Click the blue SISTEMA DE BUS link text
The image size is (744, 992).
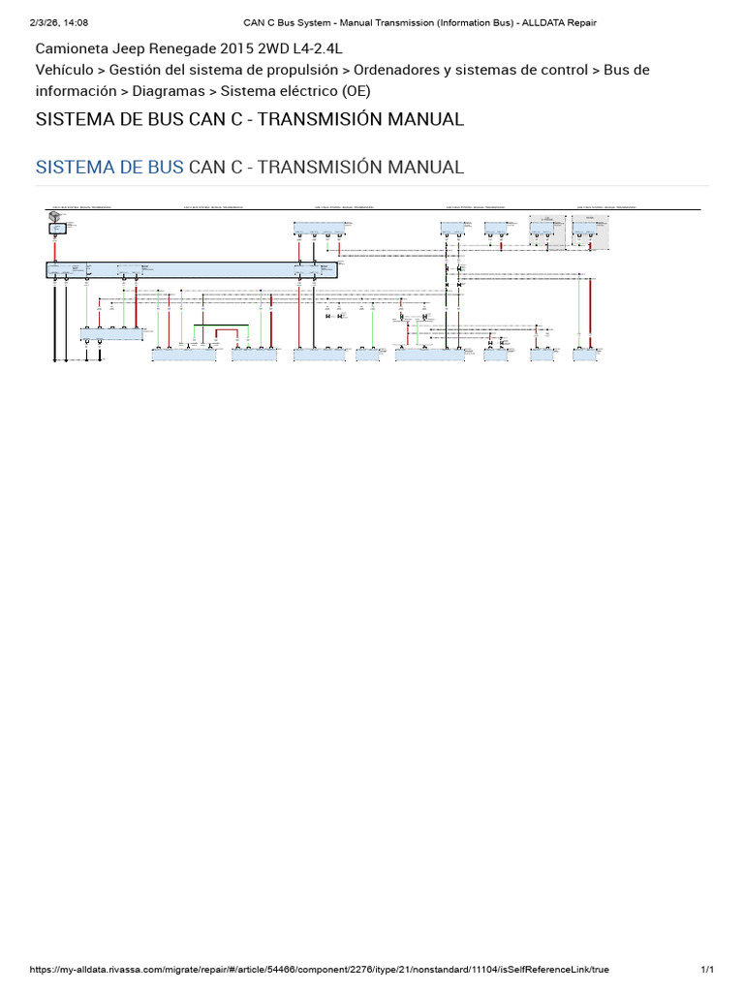point(109,167)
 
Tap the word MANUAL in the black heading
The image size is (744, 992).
point(419,120)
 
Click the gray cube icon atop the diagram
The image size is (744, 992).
point(53,218)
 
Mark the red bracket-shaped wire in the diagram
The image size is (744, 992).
point(228,333)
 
